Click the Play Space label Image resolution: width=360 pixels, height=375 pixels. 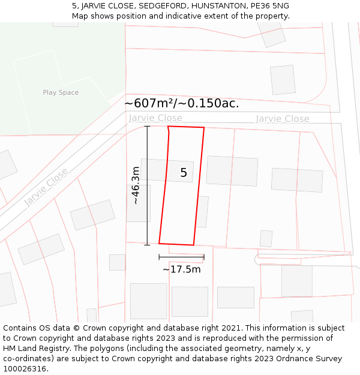(x=61, y=92)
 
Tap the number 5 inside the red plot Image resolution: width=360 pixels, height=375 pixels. (x=184, y=173)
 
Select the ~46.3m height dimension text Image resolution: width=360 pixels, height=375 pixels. (x=136, y=185)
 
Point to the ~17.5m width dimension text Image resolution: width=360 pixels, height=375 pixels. (x=181, y=269)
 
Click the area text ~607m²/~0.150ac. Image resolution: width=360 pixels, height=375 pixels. (x=181, y=103)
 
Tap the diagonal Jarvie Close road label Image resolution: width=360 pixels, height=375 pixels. (x=46, y=187)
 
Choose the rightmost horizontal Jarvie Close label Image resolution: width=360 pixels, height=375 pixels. (x=283, y=119)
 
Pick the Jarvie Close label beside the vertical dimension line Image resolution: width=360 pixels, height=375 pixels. (x=155, y=118)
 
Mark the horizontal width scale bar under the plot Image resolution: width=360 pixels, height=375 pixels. (x=181, y=257)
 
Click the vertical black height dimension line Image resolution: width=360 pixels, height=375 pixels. (x=147, y=185)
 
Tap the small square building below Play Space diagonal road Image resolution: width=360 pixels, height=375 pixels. (x=117, y=262)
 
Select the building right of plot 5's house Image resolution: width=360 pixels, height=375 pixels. (x=232, y=171)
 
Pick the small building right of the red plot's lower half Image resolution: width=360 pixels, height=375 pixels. (x=202, y=211)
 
